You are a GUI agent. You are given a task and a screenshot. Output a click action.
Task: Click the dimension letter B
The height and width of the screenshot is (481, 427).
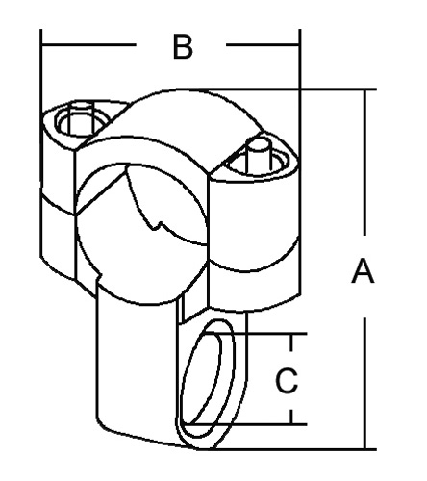pos(183,47)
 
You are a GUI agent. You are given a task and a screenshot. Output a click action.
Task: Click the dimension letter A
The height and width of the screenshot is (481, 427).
pos(363,271)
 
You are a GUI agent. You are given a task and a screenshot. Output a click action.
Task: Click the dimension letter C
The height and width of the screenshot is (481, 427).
pos(287,381)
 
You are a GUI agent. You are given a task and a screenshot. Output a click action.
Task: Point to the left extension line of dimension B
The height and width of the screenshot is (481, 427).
pos(41,142)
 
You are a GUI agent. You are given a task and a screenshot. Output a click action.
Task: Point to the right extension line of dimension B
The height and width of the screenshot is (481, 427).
pos(299,161)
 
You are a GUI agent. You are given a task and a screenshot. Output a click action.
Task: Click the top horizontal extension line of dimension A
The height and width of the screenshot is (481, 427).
pos(276,89)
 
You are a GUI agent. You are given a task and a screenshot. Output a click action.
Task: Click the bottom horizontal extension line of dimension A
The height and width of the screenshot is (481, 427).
pos(287,449)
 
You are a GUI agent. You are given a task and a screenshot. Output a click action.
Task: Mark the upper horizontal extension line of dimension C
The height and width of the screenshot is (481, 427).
pos(255,334)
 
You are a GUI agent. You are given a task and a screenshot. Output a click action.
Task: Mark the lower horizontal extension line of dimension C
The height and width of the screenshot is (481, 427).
pos(245,424)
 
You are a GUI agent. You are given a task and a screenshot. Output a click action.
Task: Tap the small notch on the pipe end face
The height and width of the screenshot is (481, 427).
pos(156,225)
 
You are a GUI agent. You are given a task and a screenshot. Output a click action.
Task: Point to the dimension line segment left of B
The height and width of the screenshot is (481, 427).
pos(88,44)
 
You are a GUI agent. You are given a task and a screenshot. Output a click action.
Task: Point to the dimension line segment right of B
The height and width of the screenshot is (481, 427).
pos(263,44)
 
